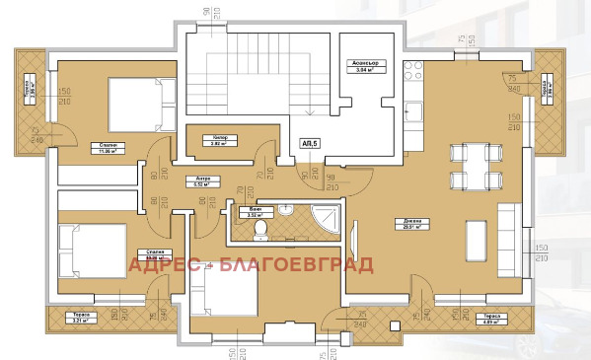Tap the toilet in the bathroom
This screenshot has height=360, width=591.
(x=261, y=229)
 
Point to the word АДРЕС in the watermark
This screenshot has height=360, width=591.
(x=164, y=264)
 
